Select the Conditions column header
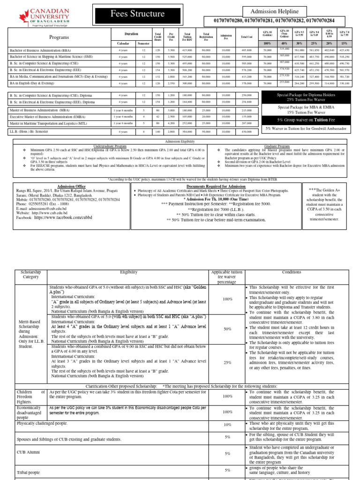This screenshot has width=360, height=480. pos(292,272)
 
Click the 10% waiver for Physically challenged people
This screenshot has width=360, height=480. pos(227,425)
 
